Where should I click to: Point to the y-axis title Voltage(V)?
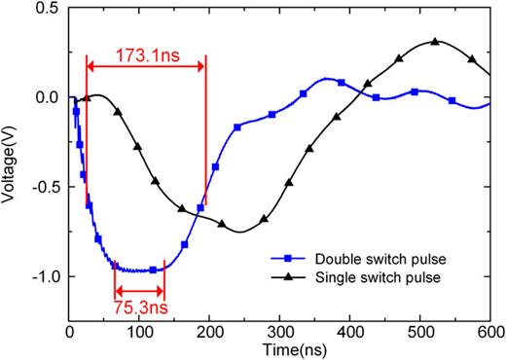pyautogui.click(x=11, y=169)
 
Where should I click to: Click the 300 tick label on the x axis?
pyautogui.click(x=280, y=331)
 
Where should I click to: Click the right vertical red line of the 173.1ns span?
pyautogui.click(x=205, y=126)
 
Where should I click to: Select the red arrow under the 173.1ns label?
pyautogui.click(x=146, y=65)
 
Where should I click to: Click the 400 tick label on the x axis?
pyautogui.click(x=350, y=331)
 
